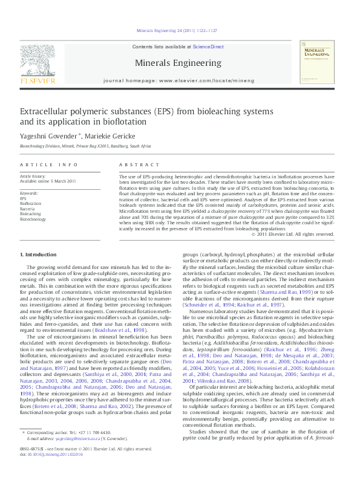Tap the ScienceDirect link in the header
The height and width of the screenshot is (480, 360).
click(209, 47)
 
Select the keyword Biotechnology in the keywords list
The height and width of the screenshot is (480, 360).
click(33, 219)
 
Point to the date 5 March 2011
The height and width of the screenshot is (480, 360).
click(64, 181)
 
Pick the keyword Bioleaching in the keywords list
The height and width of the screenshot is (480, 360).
click(30, 214)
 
